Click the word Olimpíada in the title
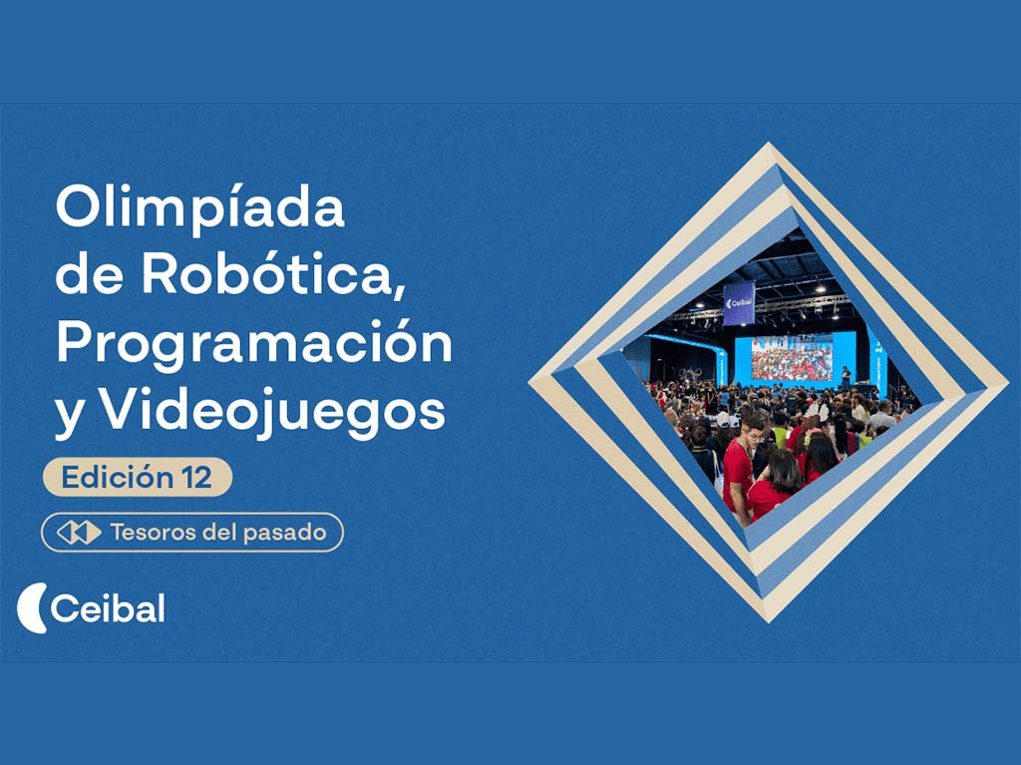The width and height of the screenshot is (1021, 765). tap(199, 206)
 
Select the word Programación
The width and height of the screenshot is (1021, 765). tap(254, 345)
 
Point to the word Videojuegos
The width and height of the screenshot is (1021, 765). tap(274, 413)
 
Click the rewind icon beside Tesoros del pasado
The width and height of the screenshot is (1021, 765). tap(79, 533)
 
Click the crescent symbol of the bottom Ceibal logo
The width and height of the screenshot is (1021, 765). tap(31, 608)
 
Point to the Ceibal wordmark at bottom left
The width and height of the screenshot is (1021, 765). tap(108, 608)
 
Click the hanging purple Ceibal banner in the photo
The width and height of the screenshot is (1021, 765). tap(739, 302)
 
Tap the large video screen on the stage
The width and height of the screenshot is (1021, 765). tap(792, 359)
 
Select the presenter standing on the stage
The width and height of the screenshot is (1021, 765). tap(846, 377)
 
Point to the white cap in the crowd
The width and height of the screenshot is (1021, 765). tap(722, 420)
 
